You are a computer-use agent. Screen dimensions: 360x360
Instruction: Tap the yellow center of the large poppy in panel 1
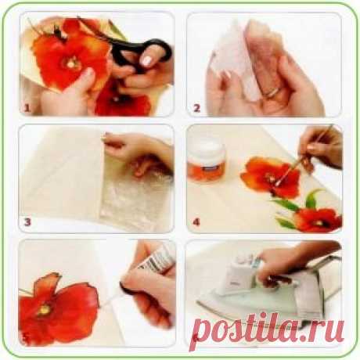[x=70, y=62]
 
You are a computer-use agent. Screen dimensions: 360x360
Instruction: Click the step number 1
[x=27, y=108]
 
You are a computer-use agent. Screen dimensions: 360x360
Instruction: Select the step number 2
[x=196, y=108]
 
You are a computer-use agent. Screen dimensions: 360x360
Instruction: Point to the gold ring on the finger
[x=272, y=92]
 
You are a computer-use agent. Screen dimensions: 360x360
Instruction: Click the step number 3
[x=27, y=222]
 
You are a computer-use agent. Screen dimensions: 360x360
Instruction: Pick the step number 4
[x=196, y=222]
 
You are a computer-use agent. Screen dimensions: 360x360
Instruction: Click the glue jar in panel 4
[x=207, y=161]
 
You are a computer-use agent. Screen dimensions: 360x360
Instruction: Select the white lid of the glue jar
[x=207, y=146]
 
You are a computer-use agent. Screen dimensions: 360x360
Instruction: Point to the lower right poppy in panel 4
[x=319, y=220]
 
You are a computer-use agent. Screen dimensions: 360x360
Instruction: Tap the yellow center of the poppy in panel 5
[x=45, y=310]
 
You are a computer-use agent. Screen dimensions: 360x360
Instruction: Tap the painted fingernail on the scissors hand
[x=146, y=61]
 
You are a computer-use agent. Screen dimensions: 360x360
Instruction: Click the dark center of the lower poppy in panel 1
[x=117, y=98]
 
